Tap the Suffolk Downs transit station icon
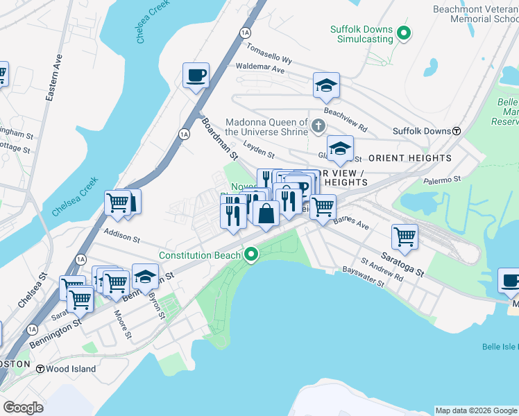tap(457, 131)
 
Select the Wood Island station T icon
tap(40, 369)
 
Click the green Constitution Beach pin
tap(252, 255)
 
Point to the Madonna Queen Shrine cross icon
tap(318, 125)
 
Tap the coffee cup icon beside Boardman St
tap(196, 75)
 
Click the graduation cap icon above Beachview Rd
tap(326, 85)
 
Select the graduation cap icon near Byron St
tap(144, 277)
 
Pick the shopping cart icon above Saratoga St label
tap(405, 236)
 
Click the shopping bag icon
tap(266, 213)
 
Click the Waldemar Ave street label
tap(260, 69)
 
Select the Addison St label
tap(121, 238)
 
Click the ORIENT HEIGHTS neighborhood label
tap(410, 158)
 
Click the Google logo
tap(23, 408)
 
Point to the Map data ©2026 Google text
tap(475, 410)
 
